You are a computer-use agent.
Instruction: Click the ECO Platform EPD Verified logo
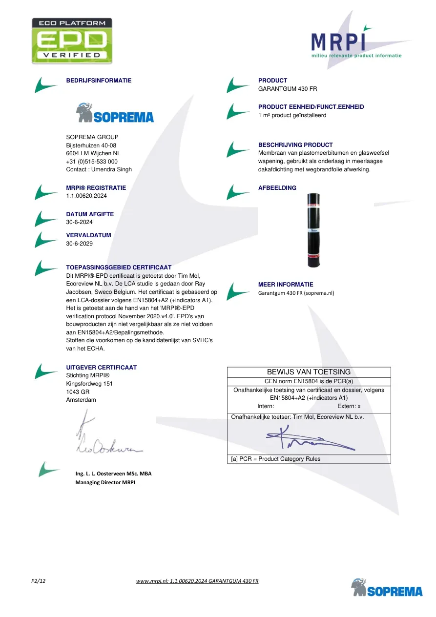[72, 41]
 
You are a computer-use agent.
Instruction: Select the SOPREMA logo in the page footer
[387, 588]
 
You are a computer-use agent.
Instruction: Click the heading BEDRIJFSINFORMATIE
[99, 81]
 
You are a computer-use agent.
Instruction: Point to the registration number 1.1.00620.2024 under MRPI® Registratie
[86, 196]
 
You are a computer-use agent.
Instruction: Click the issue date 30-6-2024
[79, 222]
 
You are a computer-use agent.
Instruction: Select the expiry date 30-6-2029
[79, 243]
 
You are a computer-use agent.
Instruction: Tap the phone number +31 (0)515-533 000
[92, 162]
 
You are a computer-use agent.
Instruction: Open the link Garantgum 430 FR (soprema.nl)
[296, 293]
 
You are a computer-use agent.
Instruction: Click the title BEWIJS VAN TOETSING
[309, 372]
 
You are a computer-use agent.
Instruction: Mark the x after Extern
[359, 406]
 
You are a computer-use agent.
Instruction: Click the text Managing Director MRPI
[105, 482]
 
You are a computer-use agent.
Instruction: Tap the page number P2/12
[38, 581]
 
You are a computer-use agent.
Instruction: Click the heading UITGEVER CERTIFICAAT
[101, 368]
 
